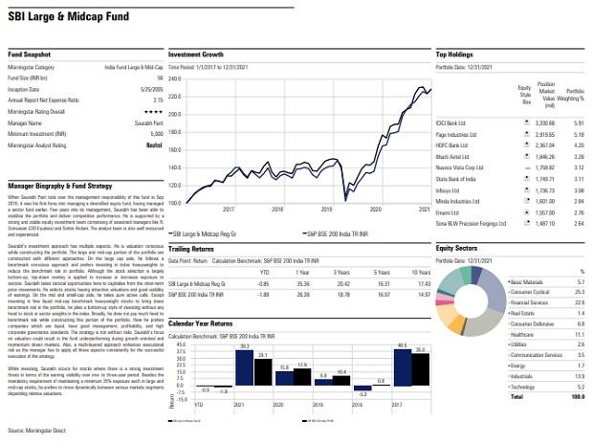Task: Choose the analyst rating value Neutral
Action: tap(146, 145)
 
